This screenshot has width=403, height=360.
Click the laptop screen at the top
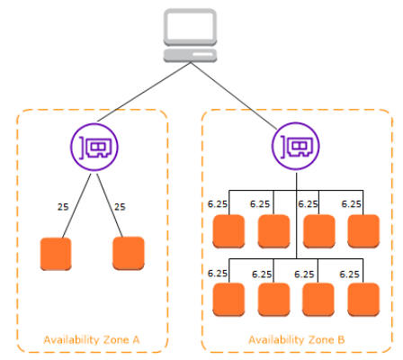[190, 27]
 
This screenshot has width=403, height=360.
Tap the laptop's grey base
[190, 56]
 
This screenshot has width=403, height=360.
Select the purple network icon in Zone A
[94, 147]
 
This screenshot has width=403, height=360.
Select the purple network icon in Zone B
[295, 147]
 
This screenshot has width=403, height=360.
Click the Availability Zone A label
[92, 340]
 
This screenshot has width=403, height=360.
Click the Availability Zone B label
[297, 340]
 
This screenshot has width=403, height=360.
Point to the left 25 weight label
[63, 207]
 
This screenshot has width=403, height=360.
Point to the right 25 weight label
[120, 207]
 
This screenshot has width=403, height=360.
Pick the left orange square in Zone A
[56, 254]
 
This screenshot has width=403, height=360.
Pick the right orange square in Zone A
[129, 253]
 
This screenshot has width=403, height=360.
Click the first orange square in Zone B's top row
[228, 231]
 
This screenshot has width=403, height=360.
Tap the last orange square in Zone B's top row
[363, 231]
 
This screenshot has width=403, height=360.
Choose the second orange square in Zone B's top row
[273, 231]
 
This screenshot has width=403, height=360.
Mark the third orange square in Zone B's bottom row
[318, 300]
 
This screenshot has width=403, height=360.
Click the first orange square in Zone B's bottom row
[228, 300]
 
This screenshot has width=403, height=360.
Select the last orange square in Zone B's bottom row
[363, 300]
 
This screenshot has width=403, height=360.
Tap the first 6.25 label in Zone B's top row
[218, 204]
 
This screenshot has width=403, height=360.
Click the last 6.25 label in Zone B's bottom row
[349, 274]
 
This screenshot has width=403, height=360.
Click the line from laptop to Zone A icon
[144, 92]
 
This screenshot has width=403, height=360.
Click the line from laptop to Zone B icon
[234, 95]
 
